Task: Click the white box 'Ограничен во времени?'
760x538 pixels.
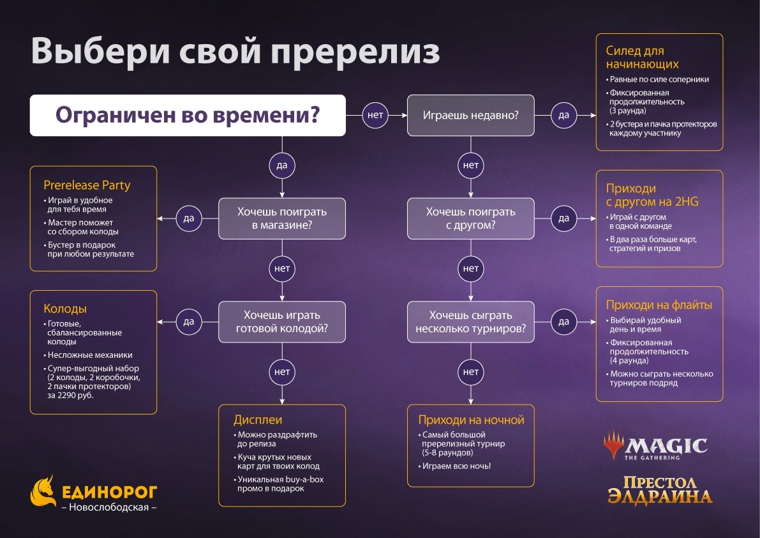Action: (188, 116)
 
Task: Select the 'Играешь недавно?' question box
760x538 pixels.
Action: (471, 116)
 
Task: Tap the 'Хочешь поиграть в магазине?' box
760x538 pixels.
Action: (282, 218)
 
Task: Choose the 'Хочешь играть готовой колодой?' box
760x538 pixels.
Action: (282, 322)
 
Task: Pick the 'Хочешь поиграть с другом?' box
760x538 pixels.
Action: (471, 218)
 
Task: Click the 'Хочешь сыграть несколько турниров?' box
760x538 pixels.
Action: (471, 322)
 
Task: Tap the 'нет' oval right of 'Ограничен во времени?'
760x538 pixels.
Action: (375, 115)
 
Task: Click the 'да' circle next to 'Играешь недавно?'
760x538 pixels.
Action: (563, 115)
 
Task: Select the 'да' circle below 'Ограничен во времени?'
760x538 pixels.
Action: (282, 165)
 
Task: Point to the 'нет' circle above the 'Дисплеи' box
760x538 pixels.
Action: (282, 371)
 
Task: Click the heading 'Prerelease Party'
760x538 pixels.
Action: (87, 185)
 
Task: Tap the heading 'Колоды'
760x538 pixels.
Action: (65, 309)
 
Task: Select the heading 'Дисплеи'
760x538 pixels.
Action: (258, 420)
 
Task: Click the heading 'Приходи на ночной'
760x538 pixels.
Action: (471, 420)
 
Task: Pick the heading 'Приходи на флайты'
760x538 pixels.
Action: (659, 305)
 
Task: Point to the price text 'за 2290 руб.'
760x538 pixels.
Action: (70, 396)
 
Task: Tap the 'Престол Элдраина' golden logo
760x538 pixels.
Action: (659, 488)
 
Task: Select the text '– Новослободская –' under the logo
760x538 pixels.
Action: (108, 507)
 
